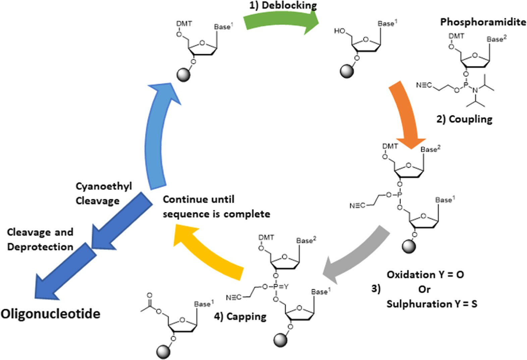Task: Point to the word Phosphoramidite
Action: (483, 22)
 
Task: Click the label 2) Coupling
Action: (464, 119)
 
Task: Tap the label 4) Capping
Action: (240, 316)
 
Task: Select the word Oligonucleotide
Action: (50, 314)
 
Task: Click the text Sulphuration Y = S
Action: (432, 304)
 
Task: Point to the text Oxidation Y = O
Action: (425, 275)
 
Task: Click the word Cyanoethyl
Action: (104, 186)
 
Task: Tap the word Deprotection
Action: (40, 247)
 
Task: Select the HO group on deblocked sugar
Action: (339, 31)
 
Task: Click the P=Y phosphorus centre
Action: (276, 287)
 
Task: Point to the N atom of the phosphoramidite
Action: (475, 91)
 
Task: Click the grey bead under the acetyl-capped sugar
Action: (164, 352)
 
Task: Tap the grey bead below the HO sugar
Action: (347, 71)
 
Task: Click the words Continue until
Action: (199, 199)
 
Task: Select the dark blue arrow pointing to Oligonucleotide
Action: (64, 272)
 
